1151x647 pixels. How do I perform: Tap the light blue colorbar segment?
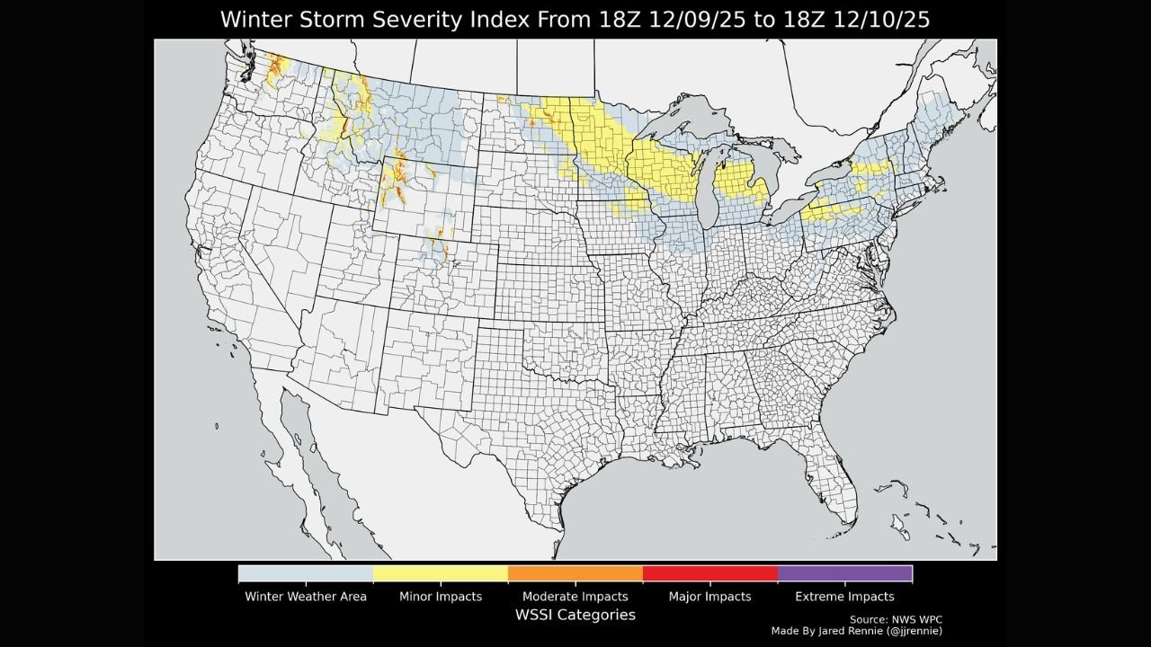pos(306,573)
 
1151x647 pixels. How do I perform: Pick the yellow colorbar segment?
pos(441,573)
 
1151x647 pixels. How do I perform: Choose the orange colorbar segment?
pos(575,573)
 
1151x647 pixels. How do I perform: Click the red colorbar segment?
pos(710,573)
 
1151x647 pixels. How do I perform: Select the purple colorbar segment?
pos(845,573)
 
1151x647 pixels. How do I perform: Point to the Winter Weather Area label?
pos(306,597)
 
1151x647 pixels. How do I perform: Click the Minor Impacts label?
pos(441,597)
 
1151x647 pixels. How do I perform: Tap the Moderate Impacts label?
pos(575,597)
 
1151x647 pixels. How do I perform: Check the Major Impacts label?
pos(710,597)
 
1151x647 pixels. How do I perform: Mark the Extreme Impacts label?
pos(845,597)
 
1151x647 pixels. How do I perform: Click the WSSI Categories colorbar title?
pos(575,616)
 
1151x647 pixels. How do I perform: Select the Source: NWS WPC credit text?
pos(896,620)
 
